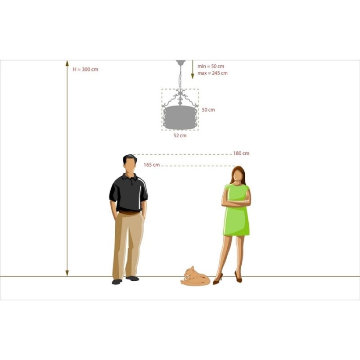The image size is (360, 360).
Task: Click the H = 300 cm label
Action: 85,69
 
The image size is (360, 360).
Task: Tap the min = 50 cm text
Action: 211,66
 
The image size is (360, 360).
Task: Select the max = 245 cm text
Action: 212,73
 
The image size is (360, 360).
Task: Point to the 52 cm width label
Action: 180,135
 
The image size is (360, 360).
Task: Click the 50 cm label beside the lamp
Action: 208,110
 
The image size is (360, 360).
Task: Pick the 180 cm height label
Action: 241,153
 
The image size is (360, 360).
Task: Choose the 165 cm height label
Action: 152,165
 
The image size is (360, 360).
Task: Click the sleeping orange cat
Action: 195,276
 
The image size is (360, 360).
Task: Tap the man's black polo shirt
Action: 129,193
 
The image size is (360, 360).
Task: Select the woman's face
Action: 238,176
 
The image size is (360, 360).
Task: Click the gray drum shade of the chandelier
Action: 180,117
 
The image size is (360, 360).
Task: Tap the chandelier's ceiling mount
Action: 181,62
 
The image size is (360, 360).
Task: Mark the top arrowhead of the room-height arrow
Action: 67,63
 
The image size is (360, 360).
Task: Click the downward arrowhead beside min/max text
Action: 193,76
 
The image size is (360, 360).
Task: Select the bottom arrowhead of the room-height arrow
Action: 67,273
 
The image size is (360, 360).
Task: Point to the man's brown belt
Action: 129,213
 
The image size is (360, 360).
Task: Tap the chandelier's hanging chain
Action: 180,77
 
